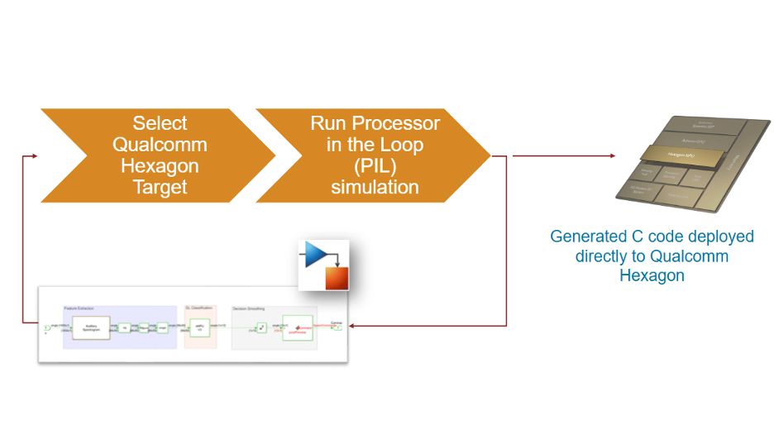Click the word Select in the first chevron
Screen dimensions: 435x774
[x=160, y=123]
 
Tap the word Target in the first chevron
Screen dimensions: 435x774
[x=160, y=187]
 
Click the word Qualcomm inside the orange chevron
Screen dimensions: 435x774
[x=160, y=145]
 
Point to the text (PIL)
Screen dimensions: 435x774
[x=375, y=165]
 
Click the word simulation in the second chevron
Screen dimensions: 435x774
[x=375, y=187]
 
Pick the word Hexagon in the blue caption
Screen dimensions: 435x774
[x=652, y=275]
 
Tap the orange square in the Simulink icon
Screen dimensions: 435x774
[x=336, y=276]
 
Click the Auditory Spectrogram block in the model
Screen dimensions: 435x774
[x=90, y=327]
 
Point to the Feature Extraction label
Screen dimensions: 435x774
[x=84, y=308]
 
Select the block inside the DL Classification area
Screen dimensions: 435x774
[x=199, y=327]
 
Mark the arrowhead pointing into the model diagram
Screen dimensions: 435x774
[x=353, y=326]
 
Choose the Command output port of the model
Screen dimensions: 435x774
[x=337, y=327]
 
